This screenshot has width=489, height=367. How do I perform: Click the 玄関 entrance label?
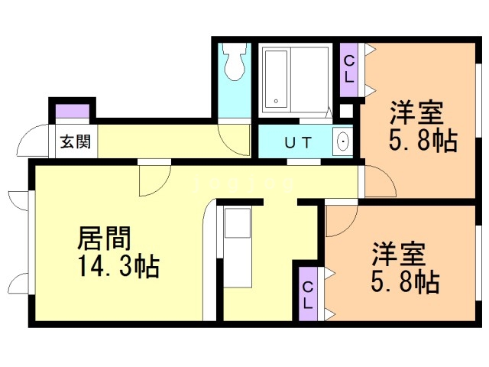[74, 141]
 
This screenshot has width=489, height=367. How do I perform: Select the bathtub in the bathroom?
[274, 80]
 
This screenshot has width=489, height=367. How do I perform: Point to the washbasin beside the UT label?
[343, 142]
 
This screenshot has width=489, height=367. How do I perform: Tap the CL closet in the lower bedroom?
[307, 294]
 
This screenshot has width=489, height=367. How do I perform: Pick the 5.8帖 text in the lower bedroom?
[404, 282]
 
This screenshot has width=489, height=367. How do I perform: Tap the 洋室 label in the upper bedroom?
[416, 113]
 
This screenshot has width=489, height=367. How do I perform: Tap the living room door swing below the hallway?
[153, 180]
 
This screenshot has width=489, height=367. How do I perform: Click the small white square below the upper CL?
[346, 110]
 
